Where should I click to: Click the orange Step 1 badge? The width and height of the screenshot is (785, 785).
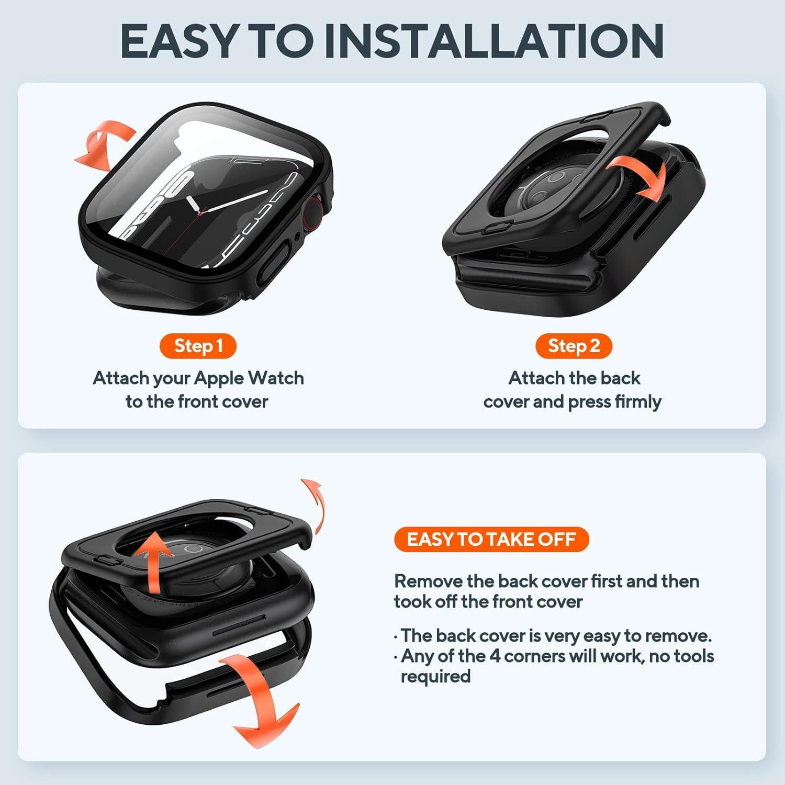pyautogui.click(x=198, y=346)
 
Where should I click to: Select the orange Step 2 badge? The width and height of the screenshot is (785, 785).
pyautogui.click(x=574, y=346)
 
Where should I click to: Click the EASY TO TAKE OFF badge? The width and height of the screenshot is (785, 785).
pyautogui.click(x=491, y=539)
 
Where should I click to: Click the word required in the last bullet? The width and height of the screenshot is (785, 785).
pyautogui.click(x=435, y=676)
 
